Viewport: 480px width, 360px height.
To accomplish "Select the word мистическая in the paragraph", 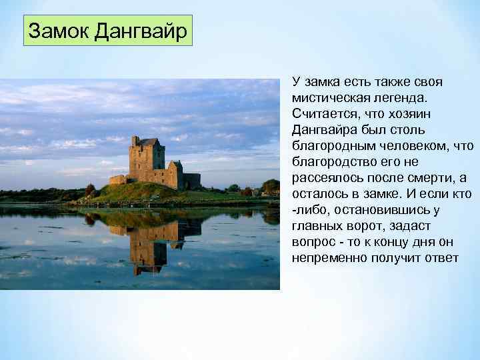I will [x=328, y=97].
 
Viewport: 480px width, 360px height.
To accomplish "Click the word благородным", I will [x=332, y=145].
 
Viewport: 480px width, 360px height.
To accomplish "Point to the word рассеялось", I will [x=323, y=177].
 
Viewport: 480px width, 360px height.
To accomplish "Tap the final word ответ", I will [x=441, y=257].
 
